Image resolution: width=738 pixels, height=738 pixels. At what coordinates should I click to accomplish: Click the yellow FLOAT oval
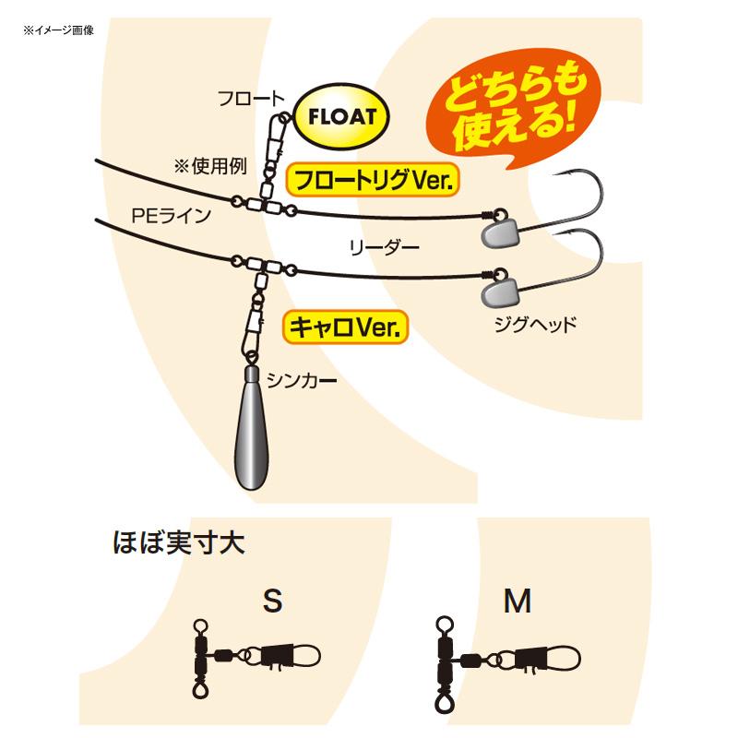coord(341,116)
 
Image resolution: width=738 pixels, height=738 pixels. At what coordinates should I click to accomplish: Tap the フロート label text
coord(251,99)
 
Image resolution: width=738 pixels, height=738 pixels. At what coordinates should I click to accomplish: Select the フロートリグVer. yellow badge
coord(372,180)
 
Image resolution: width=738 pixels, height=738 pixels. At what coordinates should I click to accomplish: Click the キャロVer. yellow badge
coord(345,327)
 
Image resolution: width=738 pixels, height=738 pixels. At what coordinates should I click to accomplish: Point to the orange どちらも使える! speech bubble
coord(512,107)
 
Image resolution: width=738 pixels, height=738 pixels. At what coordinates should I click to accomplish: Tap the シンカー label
coord(302,380)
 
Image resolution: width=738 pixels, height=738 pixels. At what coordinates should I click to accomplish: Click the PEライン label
coord(172,216)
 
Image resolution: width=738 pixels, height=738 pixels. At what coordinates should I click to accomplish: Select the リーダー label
coord(384,247)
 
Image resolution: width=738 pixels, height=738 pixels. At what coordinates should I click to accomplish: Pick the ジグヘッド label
coord(535,325)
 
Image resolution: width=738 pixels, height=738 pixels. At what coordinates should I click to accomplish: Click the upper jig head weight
coord(500,232)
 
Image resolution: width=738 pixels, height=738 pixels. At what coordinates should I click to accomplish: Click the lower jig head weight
coord(499,292)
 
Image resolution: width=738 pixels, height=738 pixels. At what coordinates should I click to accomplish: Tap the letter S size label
coord(273,601)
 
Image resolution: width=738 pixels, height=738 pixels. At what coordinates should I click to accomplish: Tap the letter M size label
coord(518,601)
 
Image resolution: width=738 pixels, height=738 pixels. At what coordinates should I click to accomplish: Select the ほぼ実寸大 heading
coord(179,542)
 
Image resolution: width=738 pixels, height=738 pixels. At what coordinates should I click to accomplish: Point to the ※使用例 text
coord(210,166)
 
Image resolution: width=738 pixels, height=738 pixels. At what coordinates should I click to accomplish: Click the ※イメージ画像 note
coord(58,30)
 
